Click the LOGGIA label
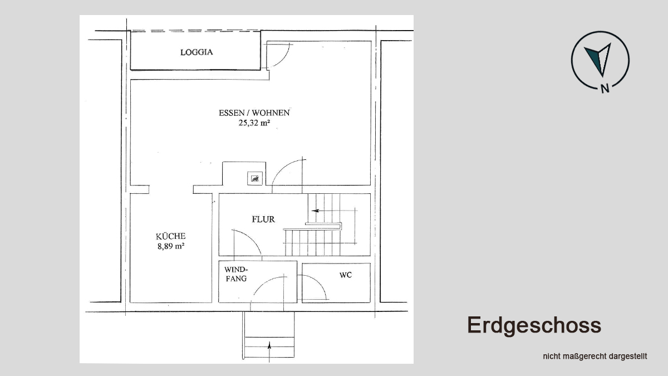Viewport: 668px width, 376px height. pyautogui.click(x=197, y=52)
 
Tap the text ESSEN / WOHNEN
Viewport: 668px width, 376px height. pyautogui.click(x=254, y=113)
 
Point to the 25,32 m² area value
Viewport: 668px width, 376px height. pyautogui.click(x=254, y=123)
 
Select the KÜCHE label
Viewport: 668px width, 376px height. pyautogui.click(x=170, y=236)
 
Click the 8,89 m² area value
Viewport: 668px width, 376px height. pyautogui.click(x=170, y=246)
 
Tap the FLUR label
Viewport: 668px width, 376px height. pyautogui.click(x=263, y=219)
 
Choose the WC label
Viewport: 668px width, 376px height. pyautogui.click(x=346, y=275)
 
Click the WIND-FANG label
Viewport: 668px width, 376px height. pyautogui.click(x=236, y=274)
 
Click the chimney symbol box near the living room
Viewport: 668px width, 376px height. pyautogui.click(x=255, y=178)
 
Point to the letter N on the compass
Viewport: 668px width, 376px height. pyautogui.click(x=605, y=89)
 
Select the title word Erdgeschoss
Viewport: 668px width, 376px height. pyautogui.click(x=534, y=325)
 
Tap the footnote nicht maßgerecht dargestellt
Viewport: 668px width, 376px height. pyautogui.click(x=595, y=357)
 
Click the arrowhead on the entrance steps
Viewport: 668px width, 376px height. pyautogui.click(x=269, y=345)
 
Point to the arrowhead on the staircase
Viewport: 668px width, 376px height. pyautogui.click(x=315, y=211)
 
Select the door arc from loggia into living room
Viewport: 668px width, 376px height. pyautogui.click(x=283, y=60)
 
